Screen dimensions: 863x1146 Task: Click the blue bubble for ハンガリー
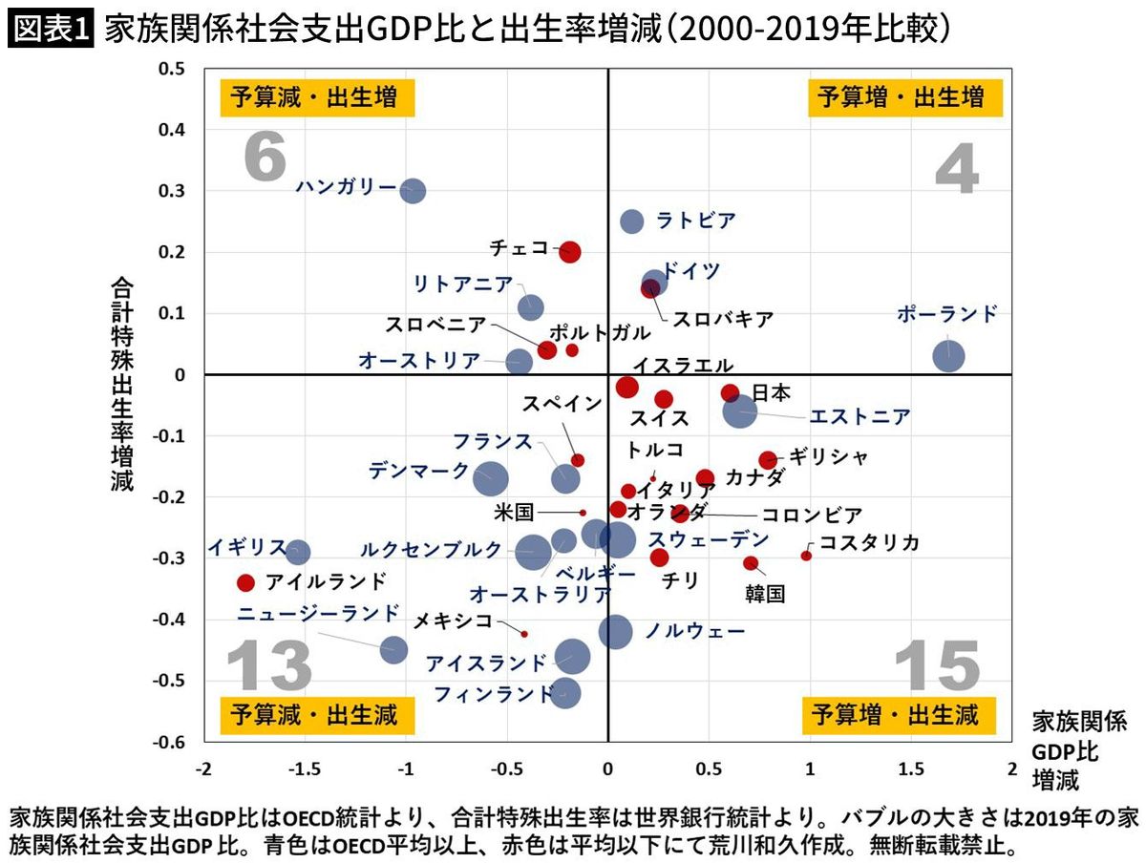click(x=412, y=190)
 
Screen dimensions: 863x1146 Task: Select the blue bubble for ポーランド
click(x=948, y=356)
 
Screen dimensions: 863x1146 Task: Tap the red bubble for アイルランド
click(x=245, y=582)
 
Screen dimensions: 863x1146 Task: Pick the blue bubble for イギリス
click(x=298, y=552)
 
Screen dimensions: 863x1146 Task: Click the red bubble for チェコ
click(x=570, y=252)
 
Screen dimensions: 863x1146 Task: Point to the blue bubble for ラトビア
click(x=632, y=221)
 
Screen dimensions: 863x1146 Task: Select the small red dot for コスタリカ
click(x=806, y=556)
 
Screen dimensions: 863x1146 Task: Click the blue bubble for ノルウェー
click(x=616, y=631)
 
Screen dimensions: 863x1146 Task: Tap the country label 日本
click(x=772, y=392)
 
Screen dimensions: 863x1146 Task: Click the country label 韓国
click(x=765, y=594)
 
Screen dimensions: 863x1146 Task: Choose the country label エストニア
click(x=859, y=417)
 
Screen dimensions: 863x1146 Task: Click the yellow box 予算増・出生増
click(x=897, y=97)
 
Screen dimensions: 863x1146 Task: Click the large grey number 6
click(x=265, y=157)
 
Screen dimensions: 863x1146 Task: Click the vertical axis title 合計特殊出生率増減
click(x=122, y=384)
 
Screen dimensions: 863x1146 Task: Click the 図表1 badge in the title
click(x=50, y=31)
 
